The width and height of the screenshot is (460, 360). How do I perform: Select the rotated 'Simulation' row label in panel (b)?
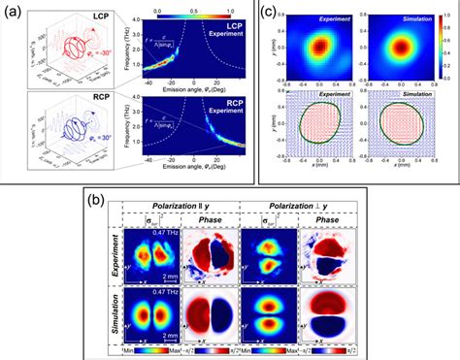(x=124, y=311)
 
